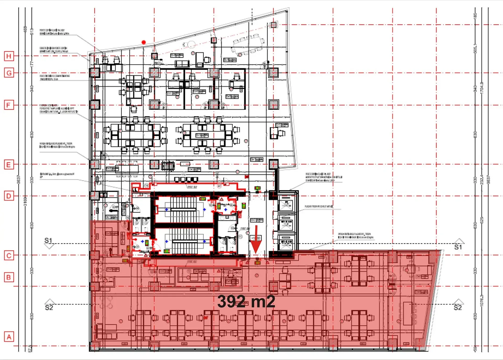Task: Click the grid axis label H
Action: tap(9, 56)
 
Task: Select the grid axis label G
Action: tap(9, 73)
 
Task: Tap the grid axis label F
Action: tap(9, 105)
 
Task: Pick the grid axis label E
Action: tap(9, 165)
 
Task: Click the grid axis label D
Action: tap(9, 196)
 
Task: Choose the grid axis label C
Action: tap(9, 255)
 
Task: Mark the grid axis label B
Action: tap(9, 277)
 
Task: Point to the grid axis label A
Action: tap(9, 337)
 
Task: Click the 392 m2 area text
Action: tap(246, 302)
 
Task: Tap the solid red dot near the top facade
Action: tap(144, 42)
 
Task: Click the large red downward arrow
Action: tap(256, 240)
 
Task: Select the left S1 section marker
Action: tap(49, 243)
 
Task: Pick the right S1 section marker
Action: tap(458, 244)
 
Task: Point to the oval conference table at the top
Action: tap(248, 45)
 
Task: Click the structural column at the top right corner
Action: tap(274, 25)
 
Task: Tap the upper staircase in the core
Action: tap(183, 209)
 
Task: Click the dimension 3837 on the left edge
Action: tap(19, 180)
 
